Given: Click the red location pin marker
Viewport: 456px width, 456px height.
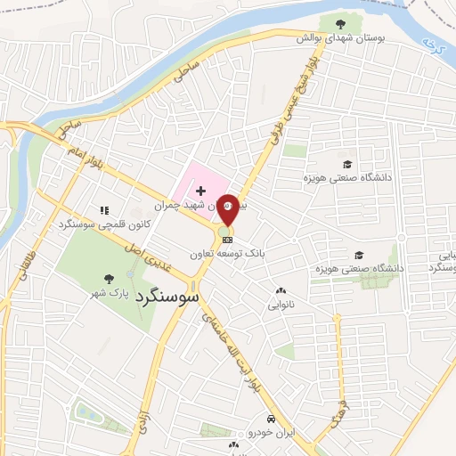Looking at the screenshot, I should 228,209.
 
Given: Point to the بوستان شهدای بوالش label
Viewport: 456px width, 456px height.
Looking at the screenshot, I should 338,38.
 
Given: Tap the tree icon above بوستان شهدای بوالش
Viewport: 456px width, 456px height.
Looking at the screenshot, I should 339,24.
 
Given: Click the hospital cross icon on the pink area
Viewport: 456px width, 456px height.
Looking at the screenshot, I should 201,190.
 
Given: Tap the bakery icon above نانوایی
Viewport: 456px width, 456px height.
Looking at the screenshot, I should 281,290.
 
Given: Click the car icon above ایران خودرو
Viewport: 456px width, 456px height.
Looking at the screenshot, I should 270,419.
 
